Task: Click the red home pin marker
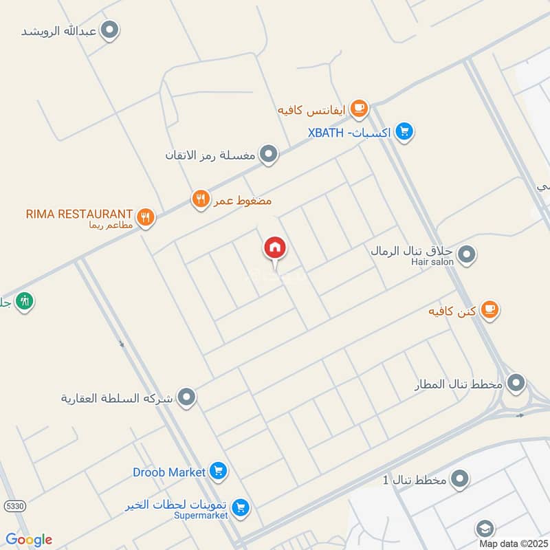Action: click(275, 248)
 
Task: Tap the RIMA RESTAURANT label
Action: click(79, 214)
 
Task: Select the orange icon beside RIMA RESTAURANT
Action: click(145, 218)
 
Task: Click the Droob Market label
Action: click(169, 472)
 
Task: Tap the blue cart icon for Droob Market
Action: click(219, 471)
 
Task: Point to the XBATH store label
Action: click(350, 132)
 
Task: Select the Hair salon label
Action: click(434, 261)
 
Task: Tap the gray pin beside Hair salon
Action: click(467, 256)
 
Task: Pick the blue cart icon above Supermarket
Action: click(240, 508)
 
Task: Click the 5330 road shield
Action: click(13, 506)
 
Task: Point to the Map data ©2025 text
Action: click(513, 543)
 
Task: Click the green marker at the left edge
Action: click(25, 300)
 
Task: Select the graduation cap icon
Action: click(485, 529)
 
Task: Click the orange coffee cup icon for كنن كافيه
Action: click(489, 310)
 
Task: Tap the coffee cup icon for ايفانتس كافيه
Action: click(358, 108)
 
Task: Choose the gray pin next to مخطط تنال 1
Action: click(460, 478)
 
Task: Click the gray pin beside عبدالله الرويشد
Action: click(109, 30)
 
